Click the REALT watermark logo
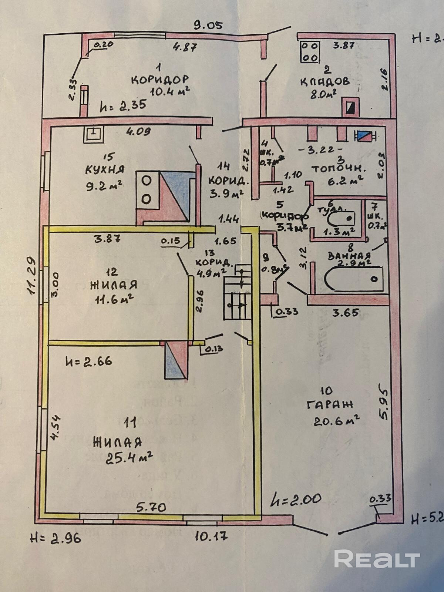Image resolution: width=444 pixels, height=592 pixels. pos(377,559)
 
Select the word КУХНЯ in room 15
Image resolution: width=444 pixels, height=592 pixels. pos(105,169)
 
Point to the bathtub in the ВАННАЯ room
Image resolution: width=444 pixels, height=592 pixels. pos(353,279)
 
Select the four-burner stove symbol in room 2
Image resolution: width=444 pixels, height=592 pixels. pos(310,52)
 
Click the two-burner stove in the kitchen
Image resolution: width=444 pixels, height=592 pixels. pos(147,189)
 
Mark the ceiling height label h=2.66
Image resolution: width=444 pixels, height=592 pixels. pos(88,361)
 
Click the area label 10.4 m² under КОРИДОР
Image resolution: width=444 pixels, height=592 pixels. pos(170,91)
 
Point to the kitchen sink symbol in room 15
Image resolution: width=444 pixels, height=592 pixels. pos(94,134)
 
